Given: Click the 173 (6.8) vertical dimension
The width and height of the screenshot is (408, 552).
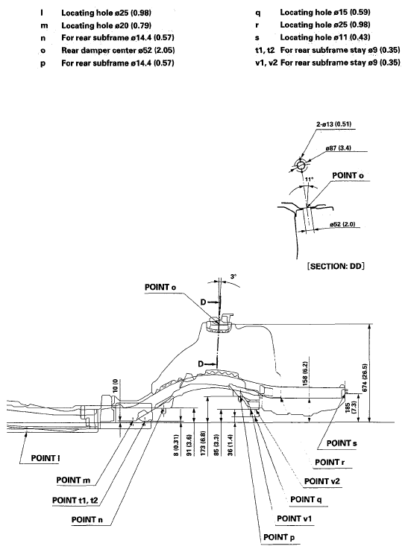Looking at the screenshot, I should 203,439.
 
